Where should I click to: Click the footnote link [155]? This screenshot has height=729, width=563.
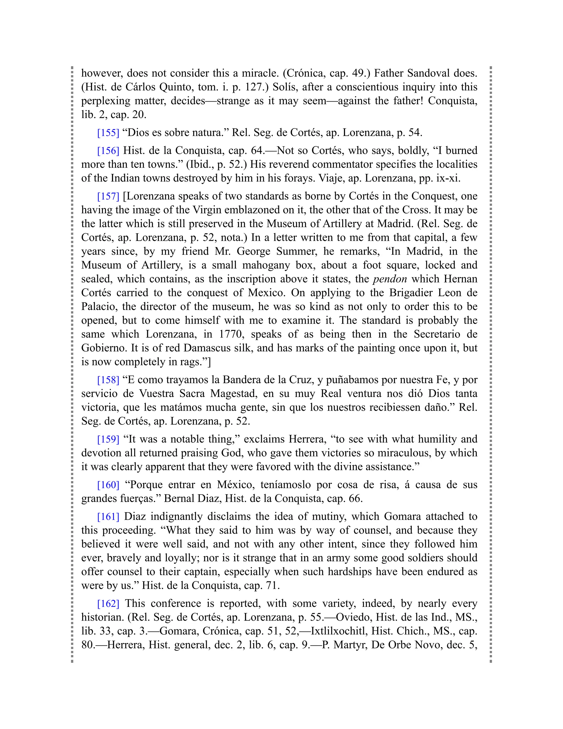click(108, 133)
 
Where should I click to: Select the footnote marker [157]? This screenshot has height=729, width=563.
click(108, 196)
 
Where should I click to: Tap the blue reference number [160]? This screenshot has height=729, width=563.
click(108, 485)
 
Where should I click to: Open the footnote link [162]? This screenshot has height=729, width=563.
click(108, 604)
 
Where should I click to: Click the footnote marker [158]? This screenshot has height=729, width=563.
click(108, 380)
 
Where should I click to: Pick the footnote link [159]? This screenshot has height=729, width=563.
click(108, 439)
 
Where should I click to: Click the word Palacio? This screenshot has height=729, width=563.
click(99, 307)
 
